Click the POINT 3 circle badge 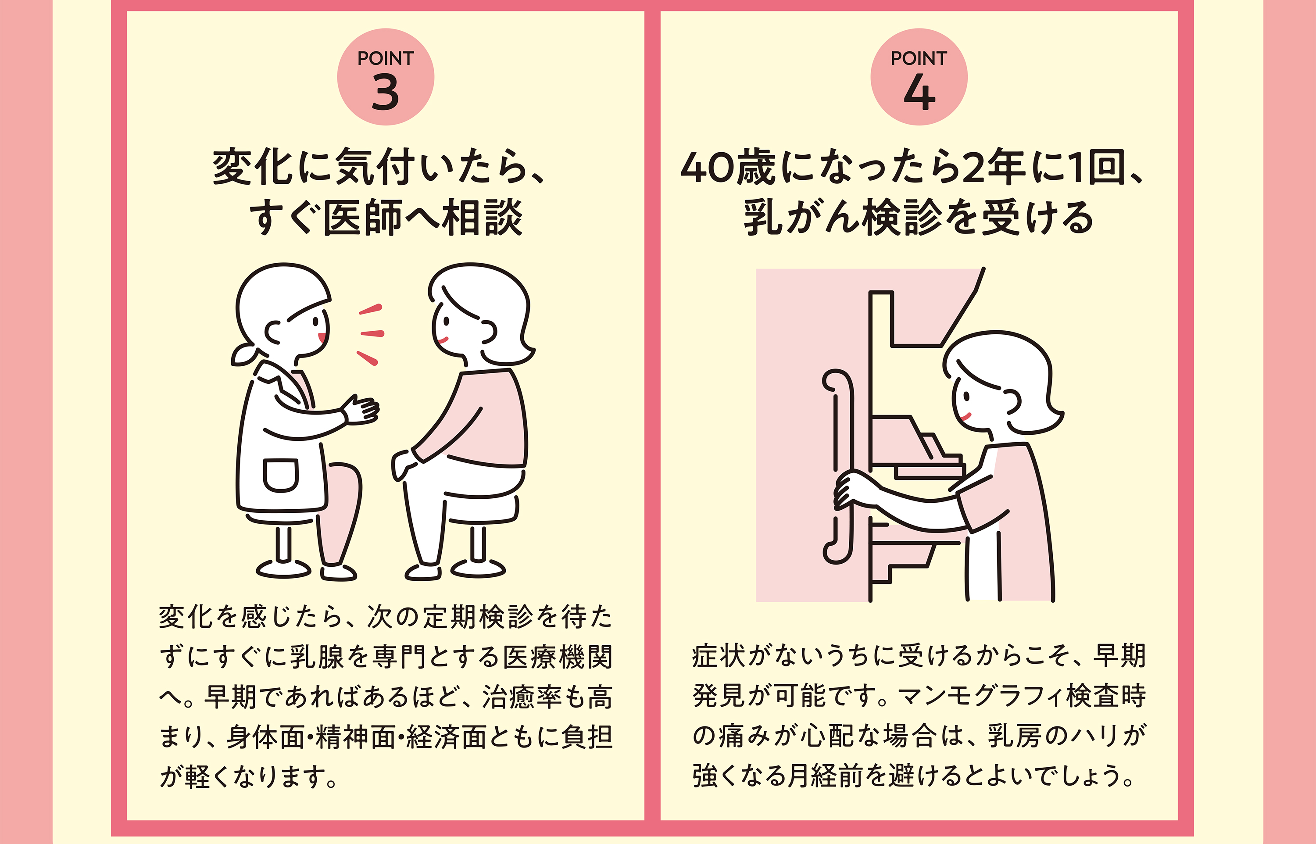pos(385,77)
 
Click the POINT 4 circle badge pos(919,77)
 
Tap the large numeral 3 pos(385,92)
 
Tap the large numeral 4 pos(919,92)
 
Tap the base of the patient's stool pos(478,569)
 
